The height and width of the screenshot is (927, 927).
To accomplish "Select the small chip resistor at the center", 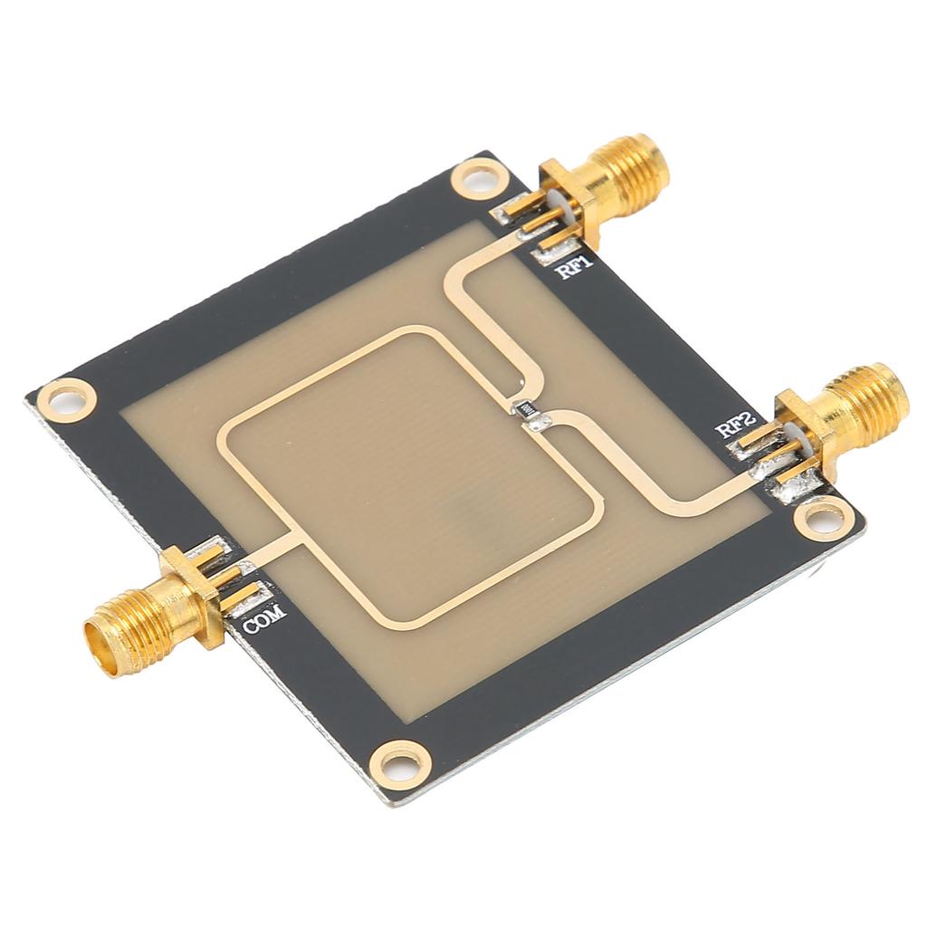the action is point(524,408).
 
